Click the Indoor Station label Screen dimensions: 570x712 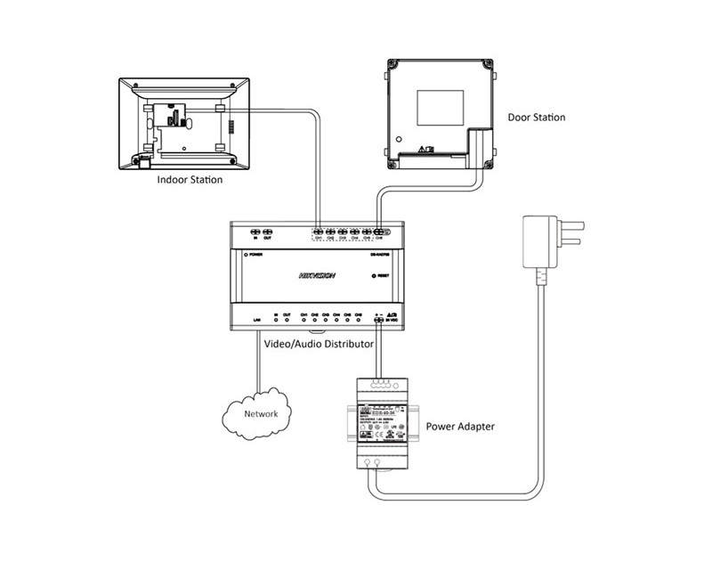pyautogui.click(x=190, y=179)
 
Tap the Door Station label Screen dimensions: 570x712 pyautogui.click(x=536, y=117)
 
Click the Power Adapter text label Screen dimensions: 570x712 pyautogui.click(x=459, y=427)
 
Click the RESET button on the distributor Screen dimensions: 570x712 pyautogui.click(x=374, y=276)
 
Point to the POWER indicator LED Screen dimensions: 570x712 pyautogui.click(x=245, y=255)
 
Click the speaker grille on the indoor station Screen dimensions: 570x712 pyautogui.click(x=228, y=124)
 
